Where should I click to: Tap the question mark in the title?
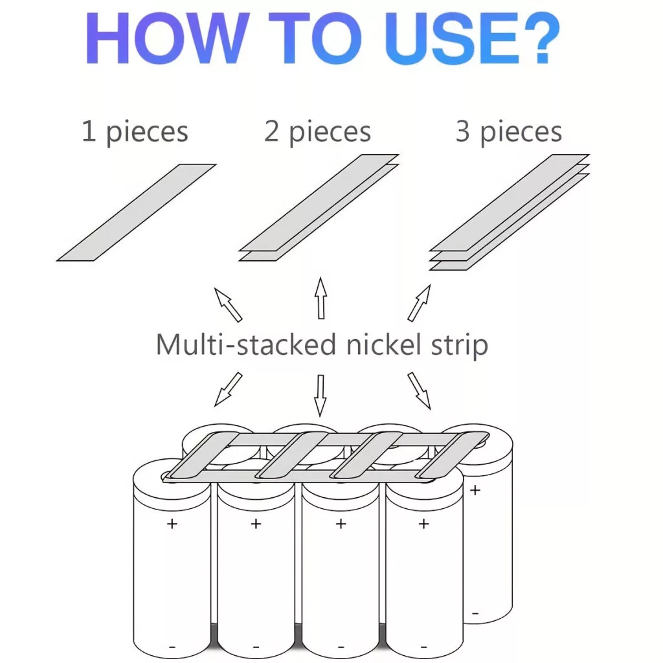(x=542, y=38)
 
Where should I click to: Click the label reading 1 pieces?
(x=135, y=132)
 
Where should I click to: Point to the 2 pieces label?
(x=317, y=132)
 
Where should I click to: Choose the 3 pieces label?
(x=509, y=132)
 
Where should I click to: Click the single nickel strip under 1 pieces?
(x=136, y=212)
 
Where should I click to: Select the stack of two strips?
(x=319, y=208)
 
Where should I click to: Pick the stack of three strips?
(x=510, y=212)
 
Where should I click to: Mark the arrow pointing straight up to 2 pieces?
(x=321, y=298)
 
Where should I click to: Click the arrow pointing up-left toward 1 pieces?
(x=229, y=305)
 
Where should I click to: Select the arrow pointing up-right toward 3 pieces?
(x=419, y=303)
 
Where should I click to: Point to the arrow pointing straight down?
(x=320, y=396)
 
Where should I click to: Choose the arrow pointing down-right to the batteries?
(x=419, y=390)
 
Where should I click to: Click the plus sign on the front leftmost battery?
(x=172, y=524)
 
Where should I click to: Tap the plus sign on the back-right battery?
(x=475, y=490)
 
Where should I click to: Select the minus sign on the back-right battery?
(x=475, y=614)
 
